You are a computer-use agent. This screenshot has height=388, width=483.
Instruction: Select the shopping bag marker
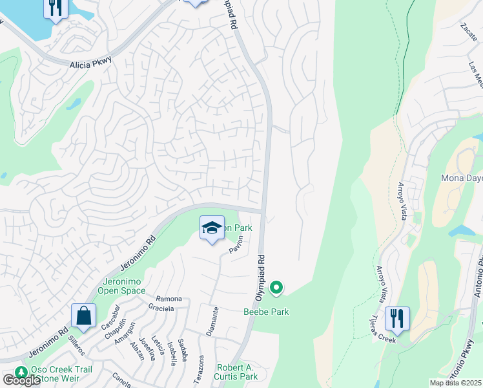pyautogui.click(x=84, y=316)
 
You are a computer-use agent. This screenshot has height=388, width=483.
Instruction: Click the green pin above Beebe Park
pyautogui.click(x=276, y=286)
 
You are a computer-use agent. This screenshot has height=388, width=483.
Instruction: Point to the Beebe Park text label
pyautogui.click(x=266, y=312)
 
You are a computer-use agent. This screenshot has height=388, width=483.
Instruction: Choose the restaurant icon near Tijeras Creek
pyautogui.click(x=396, y=319)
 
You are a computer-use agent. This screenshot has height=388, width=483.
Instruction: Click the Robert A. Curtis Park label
pyautogui.click(x=237, y=372)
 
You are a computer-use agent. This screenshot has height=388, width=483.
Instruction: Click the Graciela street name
pyautogui.click(x=161, y=308)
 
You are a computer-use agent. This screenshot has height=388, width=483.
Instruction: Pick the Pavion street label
pyautogui.click(x=236, y=244)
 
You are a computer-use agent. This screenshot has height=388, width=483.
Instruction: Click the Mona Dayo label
pyautogui.click(x=461, y=178)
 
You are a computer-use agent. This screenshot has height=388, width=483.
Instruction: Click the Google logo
pyautogui.click(x=21, y=380)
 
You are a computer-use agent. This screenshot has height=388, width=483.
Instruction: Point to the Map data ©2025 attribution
pyautogui.click(x=455, y=383)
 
